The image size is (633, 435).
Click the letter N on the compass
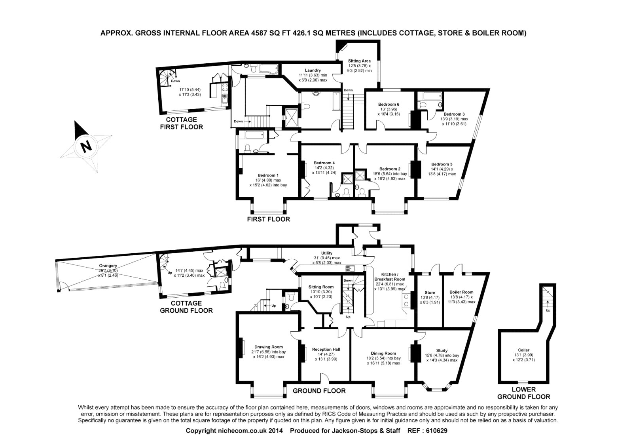86,146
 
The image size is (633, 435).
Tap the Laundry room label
313,70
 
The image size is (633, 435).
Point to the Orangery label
108,266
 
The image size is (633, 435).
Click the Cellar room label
524,350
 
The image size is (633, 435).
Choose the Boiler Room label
461,292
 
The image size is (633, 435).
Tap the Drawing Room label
269,347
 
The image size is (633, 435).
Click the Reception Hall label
326,350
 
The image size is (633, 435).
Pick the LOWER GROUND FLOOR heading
524,393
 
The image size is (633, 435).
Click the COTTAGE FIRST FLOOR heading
182,123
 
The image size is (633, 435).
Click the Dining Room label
383,353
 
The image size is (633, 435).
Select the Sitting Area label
359,61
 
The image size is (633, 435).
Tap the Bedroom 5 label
442,164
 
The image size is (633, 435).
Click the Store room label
430,293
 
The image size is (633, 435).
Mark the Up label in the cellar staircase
548,310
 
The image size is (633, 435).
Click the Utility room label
327,253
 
